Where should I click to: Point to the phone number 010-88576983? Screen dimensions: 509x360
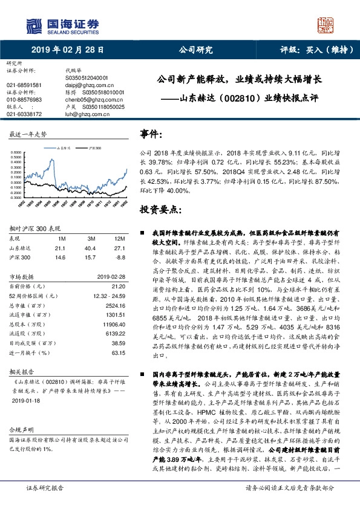tap(24, 99)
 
